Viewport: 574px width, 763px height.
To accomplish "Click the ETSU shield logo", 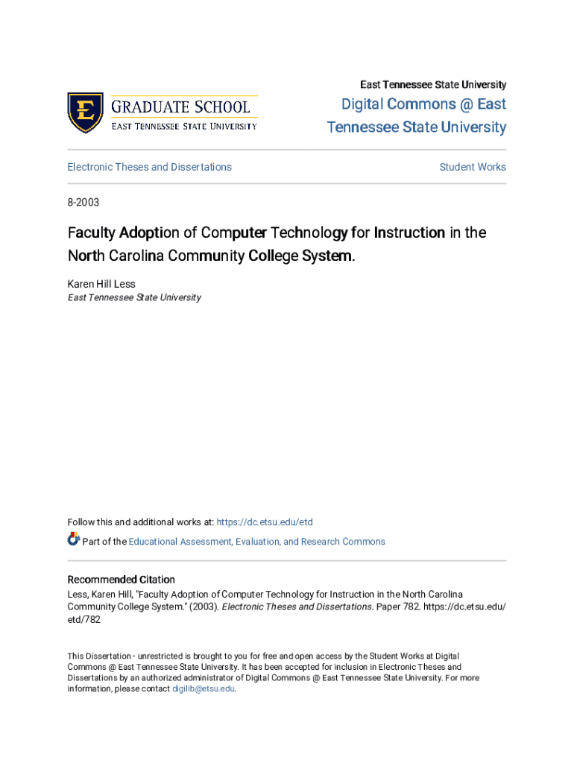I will click(x=85, y=113).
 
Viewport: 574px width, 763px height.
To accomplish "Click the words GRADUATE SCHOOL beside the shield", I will click(x=181, y=106).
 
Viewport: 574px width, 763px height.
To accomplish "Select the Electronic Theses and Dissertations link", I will click(x=149, y=167).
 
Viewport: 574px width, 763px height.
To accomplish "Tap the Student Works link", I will click(x=473, y=167).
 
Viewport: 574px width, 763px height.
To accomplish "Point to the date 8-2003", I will click(x=83, y=202).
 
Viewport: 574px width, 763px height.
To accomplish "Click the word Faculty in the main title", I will click(x=87, y=232).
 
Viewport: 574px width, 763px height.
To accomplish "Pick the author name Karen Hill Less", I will click(x=101, y=284).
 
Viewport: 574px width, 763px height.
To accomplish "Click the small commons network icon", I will click(x=73, y=539).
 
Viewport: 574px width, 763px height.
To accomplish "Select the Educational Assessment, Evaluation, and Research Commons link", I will click(x=256, y=542).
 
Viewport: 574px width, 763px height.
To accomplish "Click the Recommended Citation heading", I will click(x=122, y=580).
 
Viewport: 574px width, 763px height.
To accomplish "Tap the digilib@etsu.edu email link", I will click(x=204, y=689).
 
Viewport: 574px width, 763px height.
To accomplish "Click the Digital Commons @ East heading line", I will click(x=423, y=104).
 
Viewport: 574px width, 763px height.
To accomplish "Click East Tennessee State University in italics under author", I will click(x=134, y=297).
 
